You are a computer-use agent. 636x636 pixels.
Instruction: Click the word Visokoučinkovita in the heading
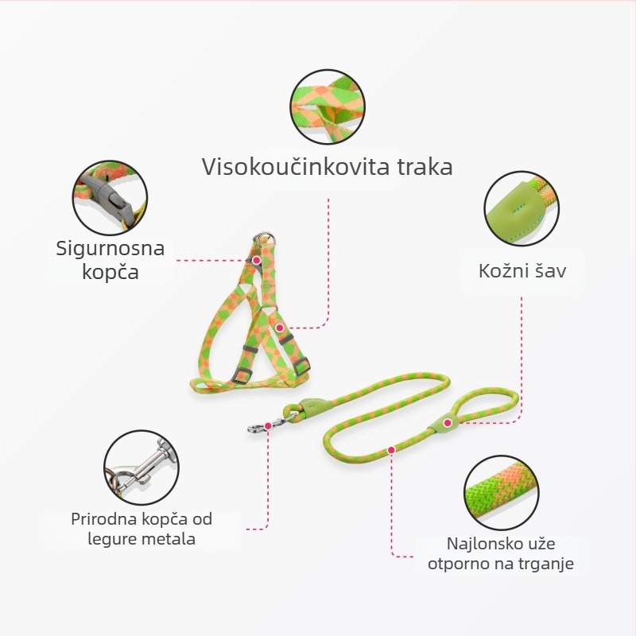coord(295,166)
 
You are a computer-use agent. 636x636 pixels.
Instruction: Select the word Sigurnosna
coord(111,248)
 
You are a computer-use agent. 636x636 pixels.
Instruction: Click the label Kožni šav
coord(522,270)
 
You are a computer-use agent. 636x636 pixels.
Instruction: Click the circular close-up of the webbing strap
coord(328,107)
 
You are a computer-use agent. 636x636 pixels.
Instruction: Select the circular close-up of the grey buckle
coord(110,197)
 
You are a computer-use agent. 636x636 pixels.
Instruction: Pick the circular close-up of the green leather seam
coord(522,208)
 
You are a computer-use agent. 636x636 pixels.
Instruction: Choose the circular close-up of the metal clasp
coord(142,467)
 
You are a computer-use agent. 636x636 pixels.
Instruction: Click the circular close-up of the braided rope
coord(502,493)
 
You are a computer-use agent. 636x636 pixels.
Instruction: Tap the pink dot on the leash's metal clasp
coord(268,426)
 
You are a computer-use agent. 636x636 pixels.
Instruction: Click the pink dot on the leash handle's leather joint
coord(448,423)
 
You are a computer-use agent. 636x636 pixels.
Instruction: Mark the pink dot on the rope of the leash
coord(391,450)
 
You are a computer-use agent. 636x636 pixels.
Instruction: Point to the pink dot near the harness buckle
coord(256,260)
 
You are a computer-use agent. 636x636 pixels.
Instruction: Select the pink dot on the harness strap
coord(280,328)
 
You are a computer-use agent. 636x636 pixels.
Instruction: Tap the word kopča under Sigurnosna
coord(111,272)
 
